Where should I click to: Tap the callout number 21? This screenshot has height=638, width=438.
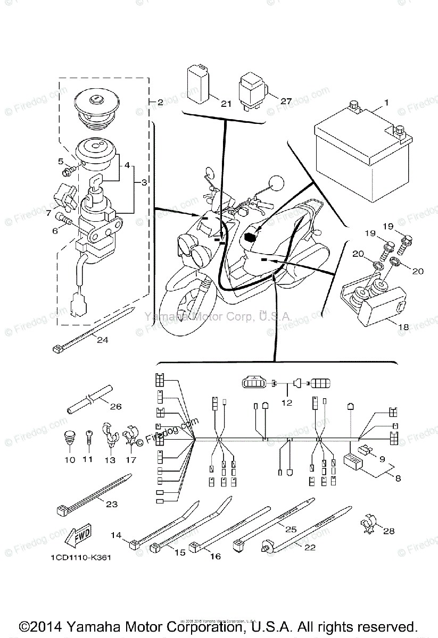click(226, 104)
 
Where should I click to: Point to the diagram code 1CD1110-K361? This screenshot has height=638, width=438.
click(82, 559)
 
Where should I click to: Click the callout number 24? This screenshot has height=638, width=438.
click(102, 340)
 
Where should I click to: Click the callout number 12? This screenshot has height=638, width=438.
click(287, 402)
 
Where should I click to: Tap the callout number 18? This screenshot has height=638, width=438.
click(403, 327)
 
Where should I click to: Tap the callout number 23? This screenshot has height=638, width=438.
click(111, 504)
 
